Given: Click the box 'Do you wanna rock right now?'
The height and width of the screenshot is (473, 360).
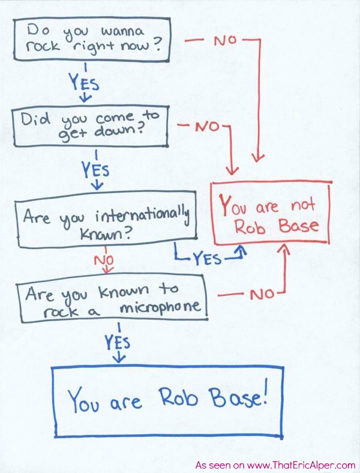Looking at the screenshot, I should (91, 38).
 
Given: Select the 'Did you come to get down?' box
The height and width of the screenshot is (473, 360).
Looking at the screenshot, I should (92, 127).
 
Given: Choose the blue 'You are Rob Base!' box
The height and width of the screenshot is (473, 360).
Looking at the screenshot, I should (167, 400).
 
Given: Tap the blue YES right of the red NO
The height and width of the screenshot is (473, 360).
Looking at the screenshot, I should (205, 259).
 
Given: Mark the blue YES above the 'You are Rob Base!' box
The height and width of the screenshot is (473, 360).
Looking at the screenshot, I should (118, 343).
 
